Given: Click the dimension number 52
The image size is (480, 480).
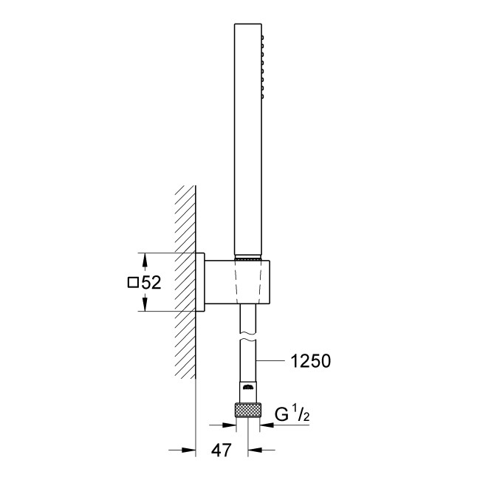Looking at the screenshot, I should (x=151, y=282).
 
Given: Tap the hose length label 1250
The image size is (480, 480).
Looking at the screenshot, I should (x=310, y=361).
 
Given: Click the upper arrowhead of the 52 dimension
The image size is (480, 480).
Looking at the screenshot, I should (x=145, y=258).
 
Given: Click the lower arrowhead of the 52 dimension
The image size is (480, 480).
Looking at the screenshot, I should (x=145, y=306).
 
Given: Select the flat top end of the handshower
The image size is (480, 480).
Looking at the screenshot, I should (x=247, y=23).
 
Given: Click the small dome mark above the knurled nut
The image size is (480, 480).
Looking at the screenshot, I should (x=247, y=387).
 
